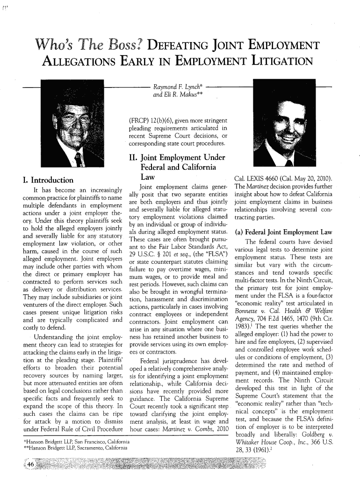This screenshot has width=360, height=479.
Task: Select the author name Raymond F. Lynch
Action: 172,87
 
